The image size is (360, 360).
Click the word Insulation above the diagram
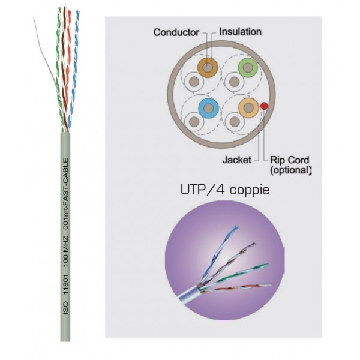point(241,31)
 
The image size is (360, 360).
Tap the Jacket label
point(236,160)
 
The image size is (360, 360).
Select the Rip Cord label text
point(290,160)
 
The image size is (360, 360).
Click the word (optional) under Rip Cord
point(291,170)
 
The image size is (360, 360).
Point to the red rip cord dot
point(264,105)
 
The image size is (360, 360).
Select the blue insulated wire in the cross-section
point(208,109)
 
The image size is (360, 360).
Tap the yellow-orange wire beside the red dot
point(247,108)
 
